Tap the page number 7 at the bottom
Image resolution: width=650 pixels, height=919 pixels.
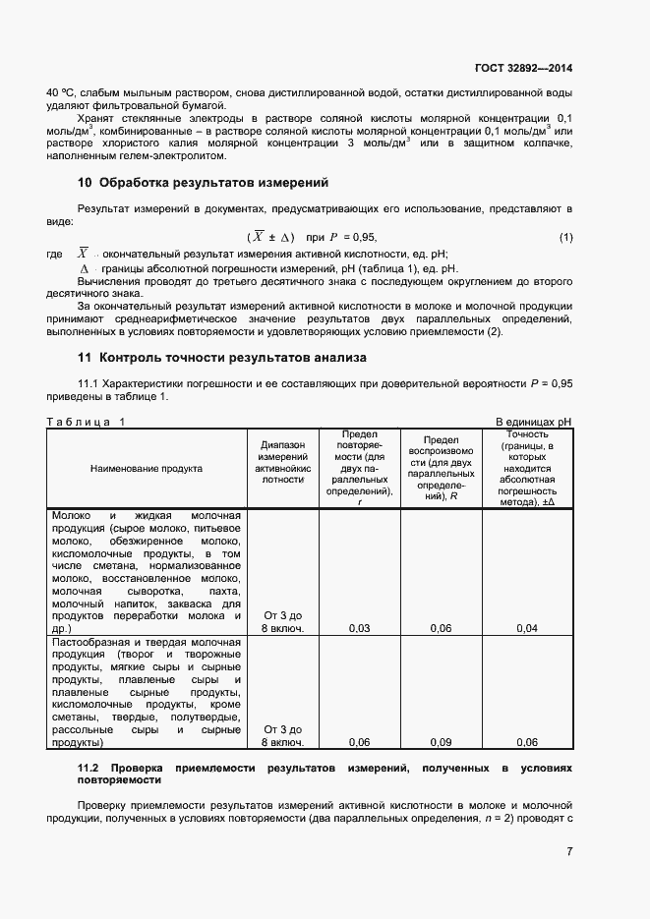coord(569,851)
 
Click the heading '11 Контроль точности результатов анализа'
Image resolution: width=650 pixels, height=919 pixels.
coord(221,358)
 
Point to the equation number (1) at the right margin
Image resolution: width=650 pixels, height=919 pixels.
coord(565,238)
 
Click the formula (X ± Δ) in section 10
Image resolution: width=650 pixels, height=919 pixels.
coord(270,238)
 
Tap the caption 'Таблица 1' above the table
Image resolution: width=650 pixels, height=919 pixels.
coord(87,422)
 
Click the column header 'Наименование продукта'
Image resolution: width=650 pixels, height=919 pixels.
coord(147,468)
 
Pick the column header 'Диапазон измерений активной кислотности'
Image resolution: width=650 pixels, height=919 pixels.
coord(282,462)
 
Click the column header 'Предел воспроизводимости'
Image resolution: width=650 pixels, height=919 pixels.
coord(442,467)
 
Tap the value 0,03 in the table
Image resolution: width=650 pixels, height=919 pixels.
coord(360,627)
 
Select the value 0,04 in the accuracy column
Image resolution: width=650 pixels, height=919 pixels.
coord(527,627)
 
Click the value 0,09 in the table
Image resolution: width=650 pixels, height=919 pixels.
coord(442,742)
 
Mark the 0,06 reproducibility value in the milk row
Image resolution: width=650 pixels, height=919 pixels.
coord(442,627)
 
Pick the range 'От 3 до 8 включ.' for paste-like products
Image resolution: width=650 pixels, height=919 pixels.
coord(283,736)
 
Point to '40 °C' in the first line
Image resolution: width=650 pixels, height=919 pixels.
coord(61,92)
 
